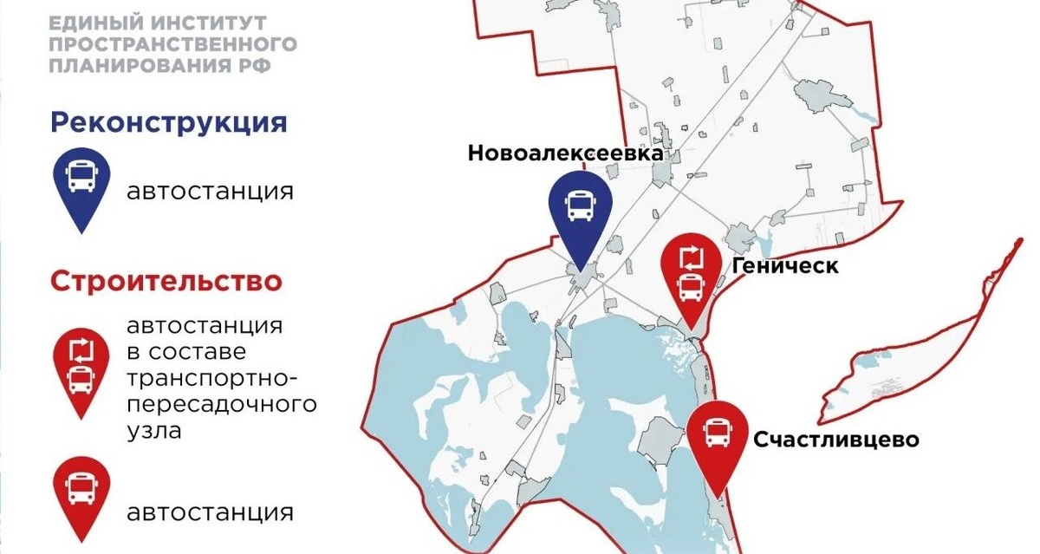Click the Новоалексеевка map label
[x=565, y=153]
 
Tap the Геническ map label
[x=785, y=265]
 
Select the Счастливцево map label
[x=835, y=440]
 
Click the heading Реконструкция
[x=168, y=122]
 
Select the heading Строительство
[x=166, y=282]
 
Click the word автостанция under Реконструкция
[x=210, y=191]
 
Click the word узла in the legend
[x=153, y=429]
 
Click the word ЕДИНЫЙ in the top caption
[x=85, y=21]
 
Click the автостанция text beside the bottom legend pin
[x=210, y=512]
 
